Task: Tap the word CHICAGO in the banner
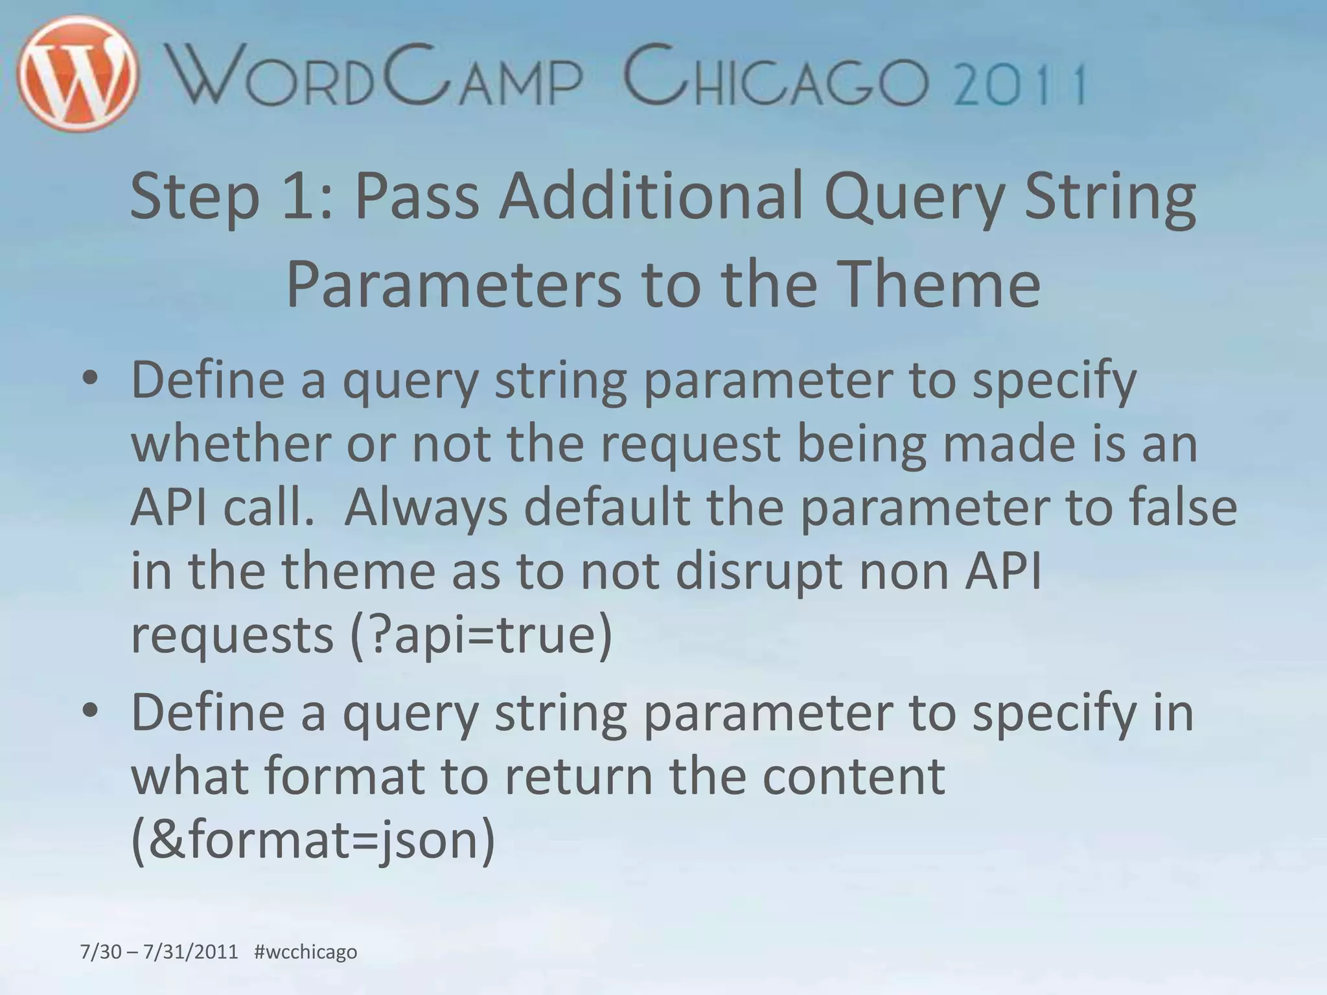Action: [776, 78]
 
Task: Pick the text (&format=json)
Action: [313, 840]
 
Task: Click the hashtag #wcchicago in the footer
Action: [306, 952]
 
